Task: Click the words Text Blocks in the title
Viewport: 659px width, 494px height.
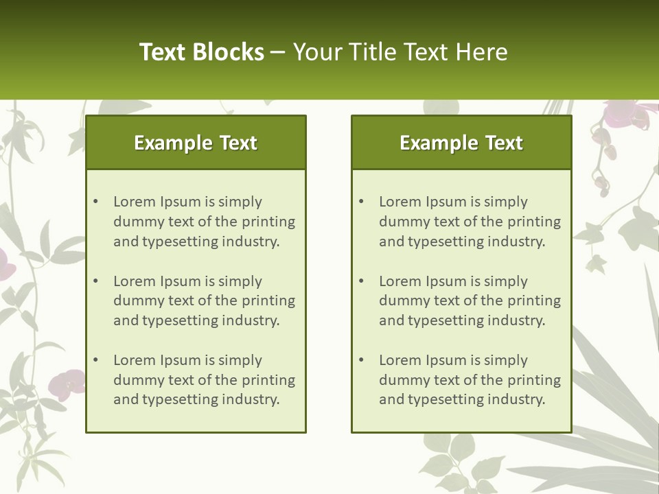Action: tap(201, 52)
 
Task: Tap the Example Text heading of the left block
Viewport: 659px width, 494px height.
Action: tap(196, 143)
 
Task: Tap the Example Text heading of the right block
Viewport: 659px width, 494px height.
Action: tap(461, 143)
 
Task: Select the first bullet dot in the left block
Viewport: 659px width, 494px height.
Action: tap(96, 202)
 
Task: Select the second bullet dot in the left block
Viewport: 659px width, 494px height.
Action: tap(96, 281)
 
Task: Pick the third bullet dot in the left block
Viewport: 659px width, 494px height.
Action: tap(96, 360)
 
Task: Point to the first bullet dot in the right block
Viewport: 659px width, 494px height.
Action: tap(362, 202)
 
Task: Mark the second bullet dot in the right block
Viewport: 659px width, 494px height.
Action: tap(362, 281)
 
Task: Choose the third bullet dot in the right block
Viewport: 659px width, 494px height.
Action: tap(362, 360)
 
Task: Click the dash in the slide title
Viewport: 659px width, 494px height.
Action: tap(278, 52)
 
